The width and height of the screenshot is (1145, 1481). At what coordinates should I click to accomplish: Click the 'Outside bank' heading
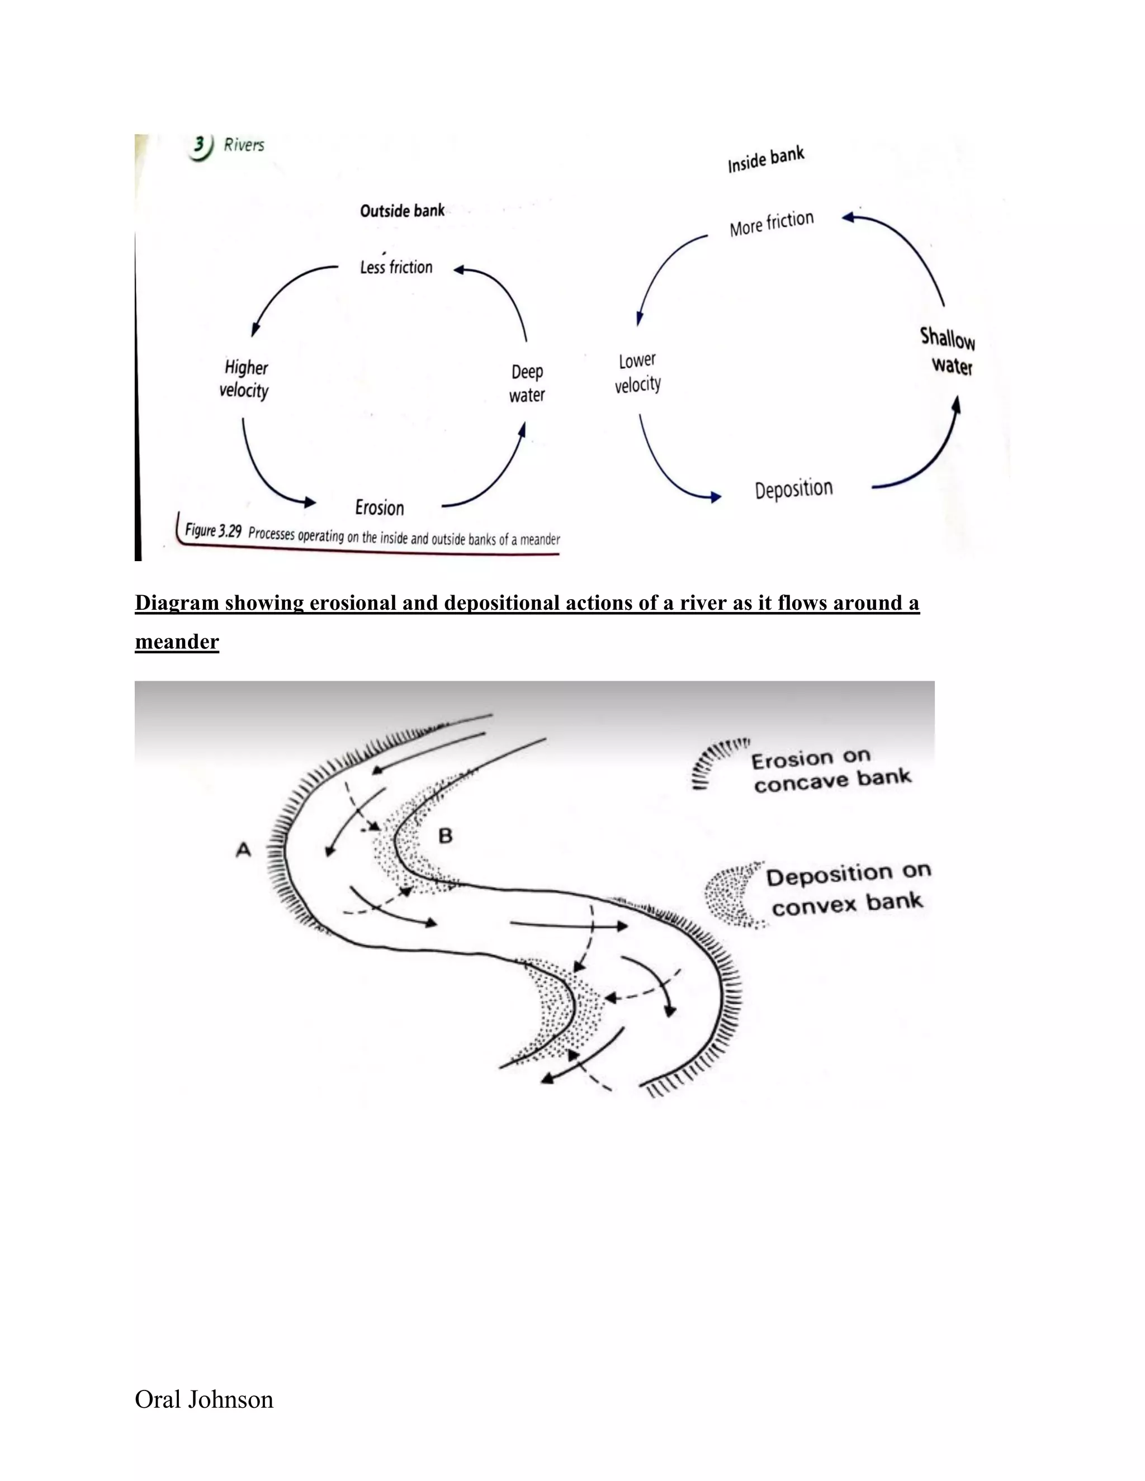(x=402, y=211)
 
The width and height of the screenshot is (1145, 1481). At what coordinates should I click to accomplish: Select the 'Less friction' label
(x=396, y=267)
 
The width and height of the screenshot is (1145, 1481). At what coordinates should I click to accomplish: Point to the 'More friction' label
(x=771, y=223)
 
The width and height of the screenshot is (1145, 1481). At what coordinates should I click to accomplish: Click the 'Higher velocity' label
(x=244, y=379)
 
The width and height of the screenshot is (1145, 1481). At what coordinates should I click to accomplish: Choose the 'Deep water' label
(x=527, y=383)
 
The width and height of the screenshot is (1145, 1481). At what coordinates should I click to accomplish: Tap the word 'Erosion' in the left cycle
(x=379, y=507)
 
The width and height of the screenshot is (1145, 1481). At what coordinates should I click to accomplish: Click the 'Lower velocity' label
(x=637, y=372)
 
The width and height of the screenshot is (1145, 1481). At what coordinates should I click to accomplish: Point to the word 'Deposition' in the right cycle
(x=794, y=489)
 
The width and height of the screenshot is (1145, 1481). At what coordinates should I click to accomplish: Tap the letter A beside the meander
(x=243, y=849)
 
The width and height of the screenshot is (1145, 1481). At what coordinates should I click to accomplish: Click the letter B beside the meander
(x=445, y=836)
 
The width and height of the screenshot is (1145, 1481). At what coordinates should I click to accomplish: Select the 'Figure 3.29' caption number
(x=213, y=530)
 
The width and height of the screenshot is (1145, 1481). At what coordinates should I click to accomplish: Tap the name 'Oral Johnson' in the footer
(x=204, y=1399)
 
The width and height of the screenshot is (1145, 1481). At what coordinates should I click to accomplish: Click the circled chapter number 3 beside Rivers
(x=200, y=146)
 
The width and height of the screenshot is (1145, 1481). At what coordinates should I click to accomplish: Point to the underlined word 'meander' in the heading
(x=177, y=642)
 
